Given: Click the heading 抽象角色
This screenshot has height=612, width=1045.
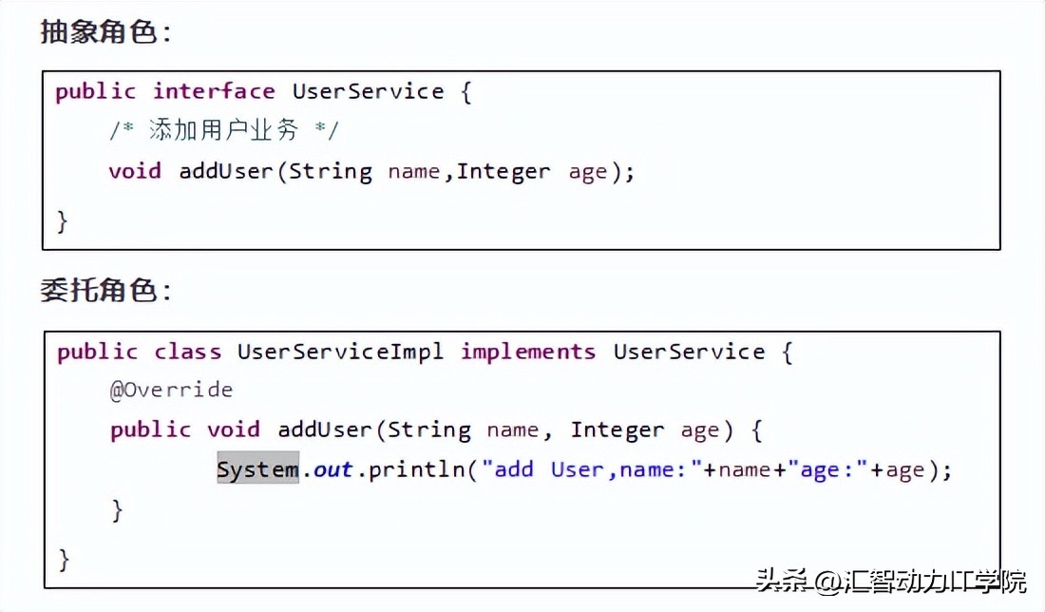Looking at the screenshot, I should click(x=104, y=31).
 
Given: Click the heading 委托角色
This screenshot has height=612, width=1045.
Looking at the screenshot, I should click(x=104, y=290).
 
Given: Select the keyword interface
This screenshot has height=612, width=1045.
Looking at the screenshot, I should click(x=214, y=91).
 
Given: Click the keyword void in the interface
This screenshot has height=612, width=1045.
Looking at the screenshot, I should click(x=134, y=171).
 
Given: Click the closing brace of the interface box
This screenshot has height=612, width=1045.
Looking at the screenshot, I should click(x=63, y=221).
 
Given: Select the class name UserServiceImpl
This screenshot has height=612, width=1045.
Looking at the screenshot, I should click(x=340, y=352).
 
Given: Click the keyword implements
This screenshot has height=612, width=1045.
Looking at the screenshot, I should click(x=528, y=352).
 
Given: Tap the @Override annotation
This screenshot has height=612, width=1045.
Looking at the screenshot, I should click(x=171, y=390).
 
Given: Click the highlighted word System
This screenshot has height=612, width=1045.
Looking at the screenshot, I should click(x=257, y=469).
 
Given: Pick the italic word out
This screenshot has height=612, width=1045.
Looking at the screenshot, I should click(x=333, y=469).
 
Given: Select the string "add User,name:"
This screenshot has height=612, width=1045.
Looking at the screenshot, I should click(x=591, y=469).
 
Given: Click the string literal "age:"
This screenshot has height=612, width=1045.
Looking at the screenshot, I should click(x=833, y=469).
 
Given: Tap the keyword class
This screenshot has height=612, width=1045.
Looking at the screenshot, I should click(x=187, y=352).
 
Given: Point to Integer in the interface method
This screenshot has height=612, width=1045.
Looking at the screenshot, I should click(x=503, y=171).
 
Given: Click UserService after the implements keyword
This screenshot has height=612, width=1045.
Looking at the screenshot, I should click(x=689, y=352).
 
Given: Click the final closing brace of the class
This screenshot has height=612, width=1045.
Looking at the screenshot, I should click(x=64, y=558).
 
